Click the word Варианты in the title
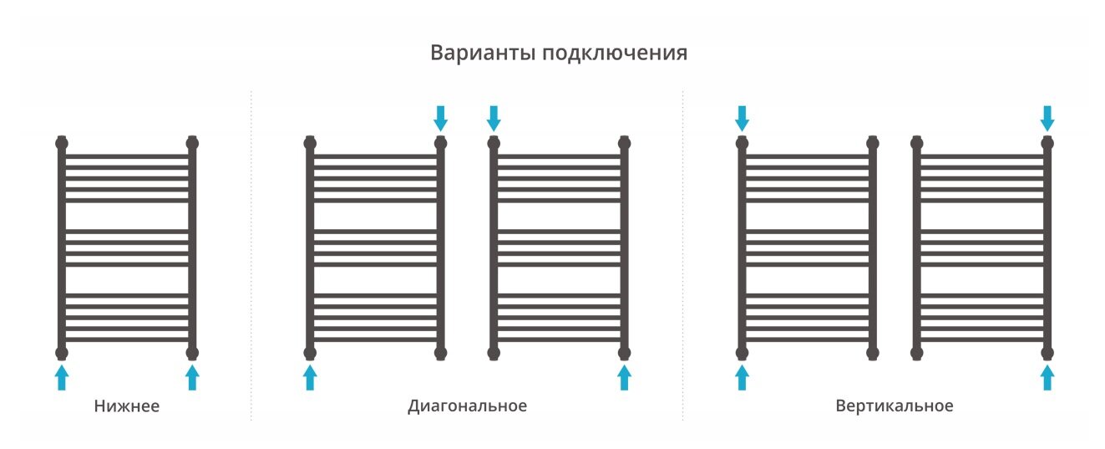point(483,54)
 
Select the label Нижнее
point(126,407)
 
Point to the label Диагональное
point(467,406)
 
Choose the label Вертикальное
point(894,406)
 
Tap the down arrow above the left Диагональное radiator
point(441,118)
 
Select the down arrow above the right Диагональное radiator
point(494,118)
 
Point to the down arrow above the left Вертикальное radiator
point(742,118)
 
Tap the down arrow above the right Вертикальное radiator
point(1047,118)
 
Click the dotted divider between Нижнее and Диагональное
point(251,251)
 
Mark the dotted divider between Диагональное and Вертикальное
point(682,251)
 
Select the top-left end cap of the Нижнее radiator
point(61,142)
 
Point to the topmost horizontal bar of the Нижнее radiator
point(126,156)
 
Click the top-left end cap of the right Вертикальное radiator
point(917,142)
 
